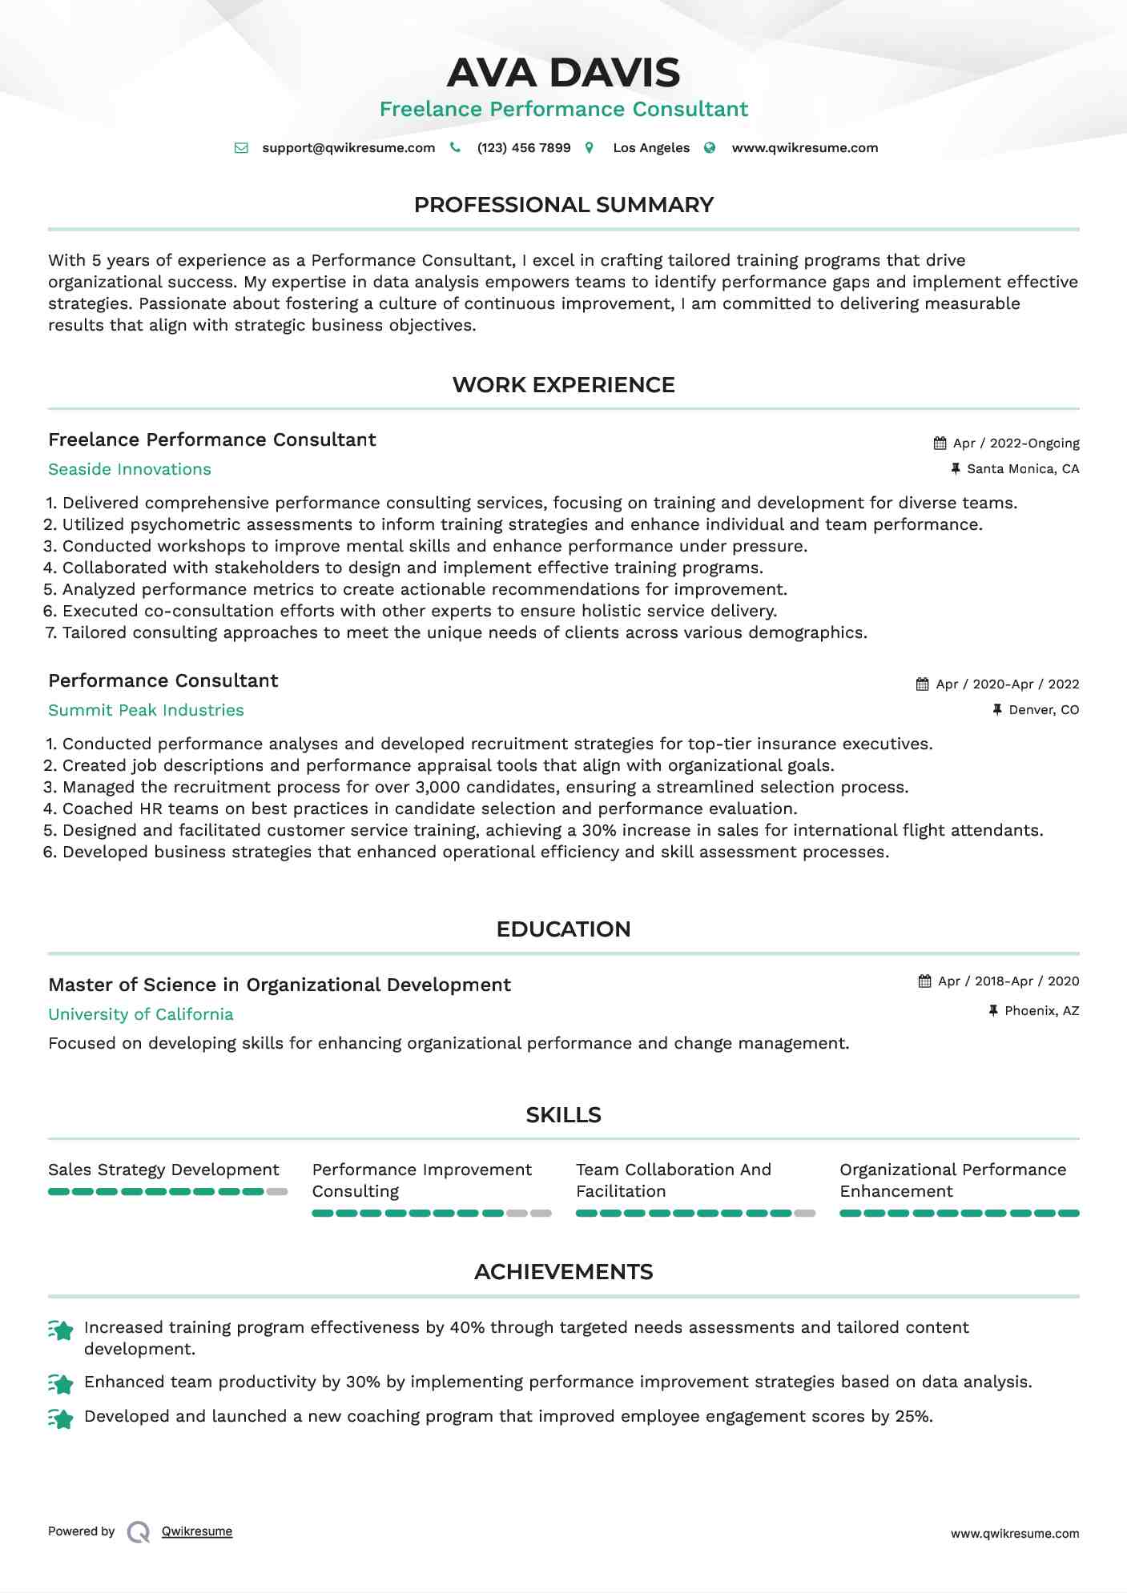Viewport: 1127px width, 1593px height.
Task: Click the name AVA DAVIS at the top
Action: [x=563, y=73]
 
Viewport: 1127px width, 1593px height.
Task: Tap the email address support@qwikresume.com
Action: [x=348, y=148]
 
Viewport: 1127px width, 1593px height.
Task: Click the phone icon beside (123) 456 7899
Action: [x=455, y=147]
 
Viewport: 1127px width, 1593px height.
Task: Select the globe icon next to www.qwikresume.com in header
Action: [x=710, y=147]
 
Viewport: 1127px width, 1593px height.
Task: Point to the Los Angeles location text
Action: [x=650, y=148]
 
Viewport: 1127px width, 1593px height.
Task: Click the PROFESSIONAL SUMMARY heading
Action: [x=563, y=205]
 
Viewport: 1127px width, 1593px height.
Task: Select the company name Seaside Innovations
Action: [x=130, y=469]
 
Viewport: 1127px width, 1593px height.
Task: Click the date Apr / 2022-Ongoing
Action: [x=1016, y=443]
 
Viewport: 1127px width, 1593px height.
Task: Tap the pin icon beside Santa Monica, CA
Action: [x=955, y=468]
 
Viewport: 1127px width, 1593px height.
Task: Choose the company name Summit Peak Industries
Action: [x=146, y=710]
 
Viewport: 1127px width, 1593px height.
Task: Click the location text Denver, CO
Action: [x=1043, y=710]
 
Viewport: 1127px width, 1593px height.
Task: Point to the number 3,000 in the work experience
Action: [x=437, y=787]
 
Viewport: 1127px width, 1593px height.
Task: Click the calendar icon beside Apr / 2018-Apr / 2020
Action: [x=924, y=981]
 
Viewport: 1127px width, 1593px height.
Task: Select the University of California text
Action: [x=141, y=1014]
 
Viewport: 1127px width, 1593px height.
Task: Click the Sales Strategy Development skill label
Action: [x=163, y=1170]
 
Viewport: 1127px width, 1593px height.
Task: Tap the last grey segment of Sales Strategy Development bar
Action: [x=277, y=1192]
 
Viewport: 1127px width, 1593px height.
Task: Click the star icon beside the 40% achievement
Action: [x=61, y=1330]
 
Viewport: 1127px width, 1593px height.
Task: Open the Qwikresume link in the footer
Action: [x=197, y=1531]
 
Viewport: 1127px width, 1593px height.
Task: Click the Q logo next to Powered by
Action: [x=139, y=1532]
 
